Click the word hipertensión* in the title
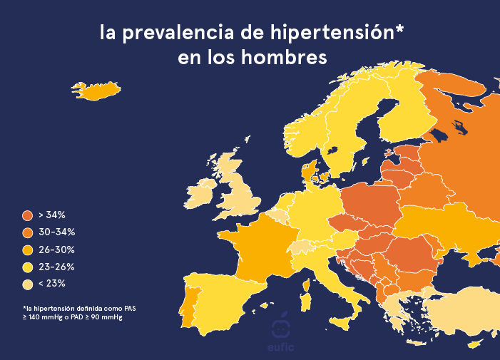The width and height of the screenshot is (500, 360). [x=335, y=33]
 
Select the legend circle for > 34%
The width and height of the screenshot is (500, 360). [x=28, y=215]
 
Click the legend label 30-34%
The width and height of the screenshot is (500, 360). [x=56, y=232]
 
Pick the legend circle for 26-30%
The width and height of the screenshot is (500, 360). [x=28, y=250]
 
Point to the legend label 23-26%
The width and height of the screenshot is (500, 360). [x=56, y=267]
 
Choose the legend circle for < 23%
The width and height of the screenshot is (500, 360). [x=28, y=284]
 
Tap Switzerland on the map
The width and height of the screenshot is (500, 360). [x=301, y=247]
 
